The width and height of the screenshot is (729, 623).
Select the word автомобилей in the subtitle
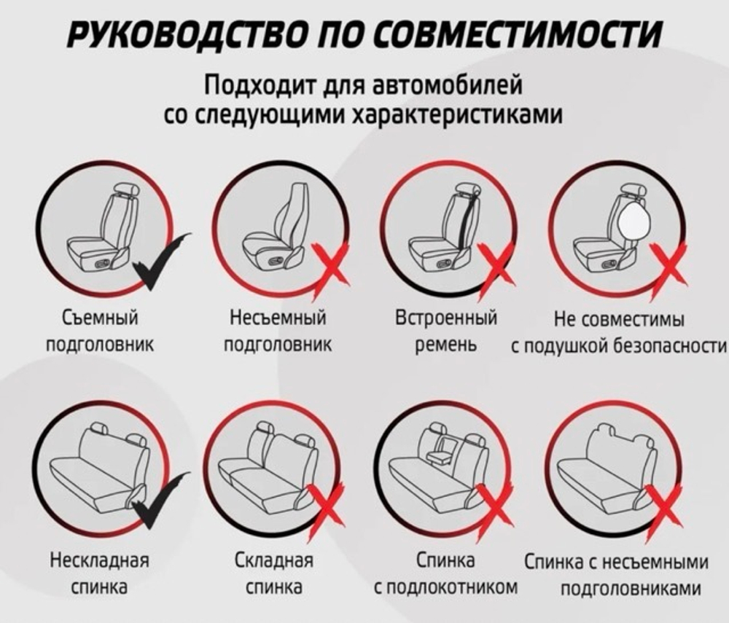pos(448,85)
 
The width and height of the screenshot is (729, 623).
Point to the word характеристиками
pos(456,114)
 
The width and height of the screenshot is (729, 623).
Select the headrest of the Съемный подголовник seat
pos(124,190)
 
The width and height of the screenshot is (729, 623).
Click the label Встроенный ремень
pos(446,332)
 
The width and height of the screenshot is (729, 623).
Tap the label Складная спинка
pos(274,573)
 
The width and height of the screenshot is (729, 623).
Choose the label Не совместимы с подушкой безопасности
pos(619,333)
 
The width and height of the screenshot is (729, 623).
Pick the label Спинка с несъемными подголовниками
pos(617,575)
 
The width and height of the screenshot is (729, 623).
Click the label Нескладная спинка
pos(99,573)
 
